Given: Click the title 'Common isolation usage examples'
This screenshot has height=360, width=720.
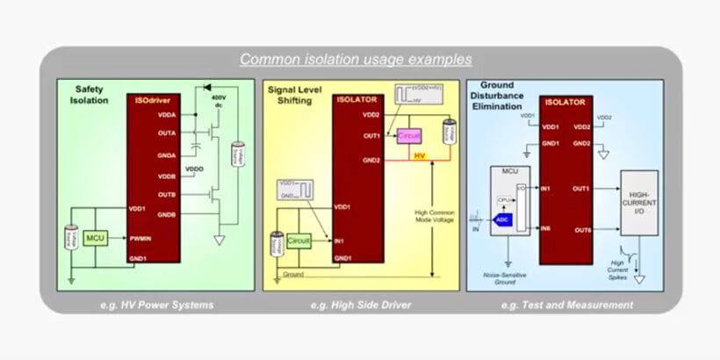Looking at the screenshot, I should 356,60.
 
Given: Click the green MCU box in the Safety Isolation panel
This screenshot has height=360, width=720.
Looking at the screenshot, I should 94,238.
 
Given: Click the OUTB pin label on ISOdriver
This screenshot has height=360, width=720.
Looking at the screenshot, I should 166,195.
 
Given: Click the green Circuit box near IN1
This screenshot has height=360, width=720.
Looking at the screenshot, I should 299,238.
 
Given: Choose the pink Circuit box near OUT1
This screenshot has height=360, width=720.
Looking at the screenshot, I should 408,137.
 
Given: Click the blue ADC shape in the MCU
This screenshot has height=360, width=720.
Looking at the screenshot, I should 503,220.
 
